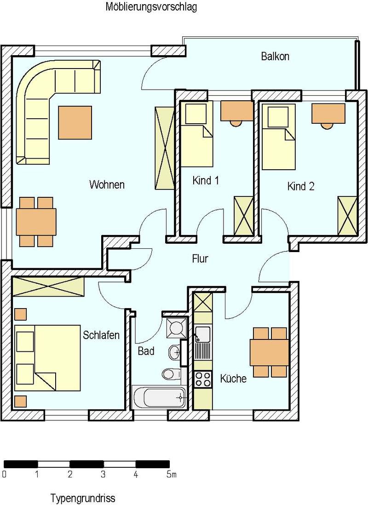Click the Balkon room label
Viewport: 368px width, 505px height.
(275, 57)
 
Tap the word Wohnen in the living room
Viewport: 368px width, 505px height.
(107, 184)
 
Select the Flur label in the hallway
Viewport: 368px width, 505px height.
(200, 258)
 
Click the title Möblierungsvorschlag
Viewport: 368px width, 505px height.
(151, 7)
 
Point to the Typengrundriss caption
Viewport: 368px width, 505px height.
(82, 498)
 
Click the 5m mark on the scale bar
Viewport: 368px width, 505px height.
(171, 474)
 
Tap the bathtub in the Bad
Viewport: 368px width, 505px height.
(160, 397)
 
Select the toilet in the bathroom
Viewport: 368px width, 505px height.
(172, 374)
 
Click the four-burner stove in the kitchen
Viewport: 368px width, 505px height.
(203, 379)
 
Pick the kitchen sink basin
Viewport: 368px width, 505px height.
(203, 333)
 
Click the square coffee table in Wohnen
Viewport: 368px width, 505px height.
(75, 123)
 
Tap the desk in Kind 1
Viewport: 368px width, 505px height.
(236, 111)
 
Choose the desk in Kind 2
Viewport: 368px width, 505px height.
(328, 113)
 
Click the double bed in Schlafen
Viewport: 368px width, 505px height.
(47, 358)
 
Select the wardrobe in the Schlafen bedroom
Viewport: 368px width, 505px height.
(48, 286)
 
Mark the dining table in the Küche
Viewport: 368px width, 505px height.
(270, 352)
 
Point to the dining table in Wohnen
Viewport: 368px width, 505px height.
(36, 222)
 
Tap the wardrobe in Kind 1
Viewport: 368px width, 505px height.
(244, 215)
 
